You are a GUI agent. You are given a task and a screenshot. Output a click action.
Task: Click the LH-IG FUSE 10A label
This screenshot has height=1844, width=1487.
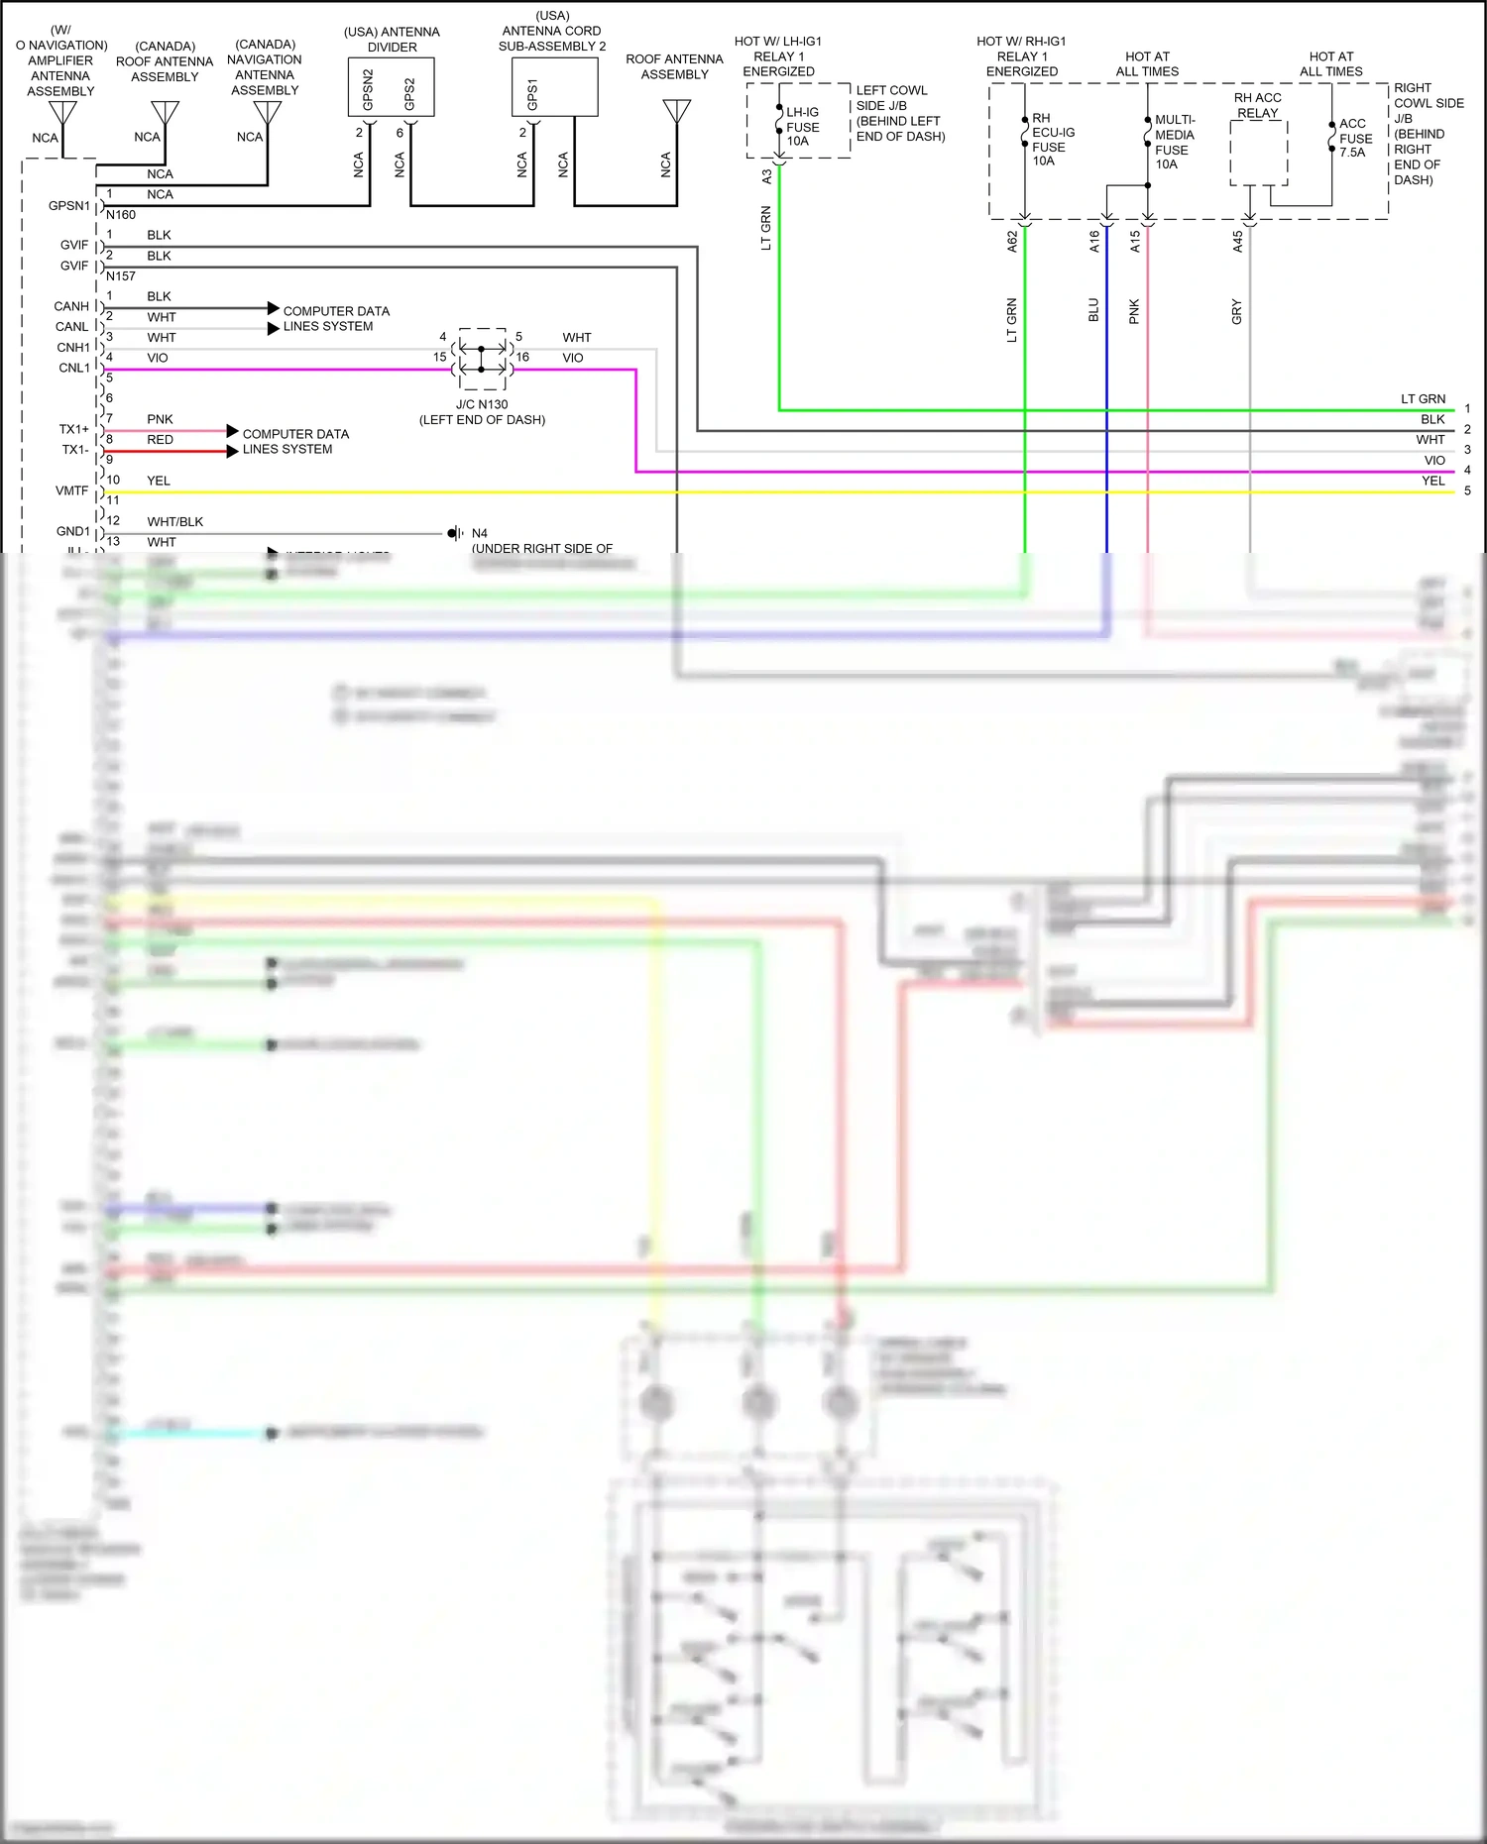(x=802, y=127)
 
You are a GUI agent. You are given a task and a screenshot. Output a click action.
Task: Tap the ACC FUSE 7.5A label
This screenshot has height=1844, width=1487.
(x=1355, y=138)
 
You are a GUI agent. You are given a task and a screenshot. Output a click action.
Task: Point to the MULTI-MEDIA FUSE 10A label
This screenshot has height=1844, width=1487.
(x=1174, y=142)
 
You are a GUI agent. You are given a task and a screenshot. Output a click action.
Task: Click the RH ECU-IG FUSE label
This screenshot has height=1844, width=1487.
(x=1052, y=139)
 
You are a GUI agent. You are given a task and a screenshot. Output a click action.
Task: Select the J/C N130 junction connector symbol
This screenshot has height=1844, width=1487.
(x=482, y=359)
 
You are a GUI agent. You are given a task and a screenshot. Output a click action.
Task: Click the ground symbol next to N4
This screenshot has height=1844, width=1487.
(x=454, y=533)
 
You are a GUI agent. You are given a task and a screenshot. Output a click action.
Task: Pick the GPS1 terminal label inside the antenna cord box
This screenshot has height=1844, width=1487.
(x=532, y=94)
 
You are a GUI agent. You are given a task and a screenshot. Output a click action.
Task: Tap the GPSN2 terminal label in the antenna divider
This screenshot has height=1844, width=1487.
(x=368, y=90)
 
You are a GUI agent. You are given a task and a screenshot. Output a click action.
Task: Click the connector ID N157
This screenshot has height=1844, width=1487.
(x=120, y=276)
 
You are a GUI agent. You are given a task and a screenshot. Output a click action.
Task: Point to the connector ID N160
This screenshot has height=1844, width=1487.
(x=120, y=215)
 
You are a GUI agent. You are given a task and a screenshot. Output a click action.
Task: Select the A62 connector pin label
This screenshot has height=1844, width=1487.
(x=1012, y=242)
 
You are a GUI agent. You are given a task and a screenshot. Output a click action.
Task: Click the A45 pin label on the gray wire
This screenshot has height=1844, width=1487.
(x=1237, y=242)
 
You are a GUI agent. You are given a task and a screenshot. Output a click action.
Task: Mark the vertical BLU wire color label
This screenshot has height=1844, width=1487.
(x=1093, y=310)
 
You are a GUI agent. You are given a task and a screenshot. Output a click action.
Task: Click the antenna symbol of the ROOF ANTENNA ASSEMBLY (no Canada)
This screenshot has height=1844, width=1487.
(x=677, y=111)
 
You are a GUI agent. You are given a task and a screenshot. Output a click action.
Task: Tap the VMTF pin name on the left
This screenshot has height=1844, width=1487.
(x=71, y=490)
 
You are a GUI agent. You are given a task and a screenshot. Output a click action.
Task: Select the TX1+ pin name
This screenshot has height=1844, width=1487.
(x=73, y=429)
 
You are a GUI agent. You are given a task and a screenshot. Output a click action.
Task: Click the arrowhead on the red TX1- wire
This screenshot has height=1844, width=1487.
(x=233, y=451)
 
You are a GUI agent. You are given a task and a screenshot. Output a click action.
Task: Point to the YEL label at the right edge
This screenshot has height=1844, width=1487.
(x=1432, y=481)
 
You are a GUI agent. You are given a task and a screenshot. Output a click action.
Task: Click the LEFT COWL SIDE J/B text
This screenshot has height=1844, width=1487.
(x=899, y=113)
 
